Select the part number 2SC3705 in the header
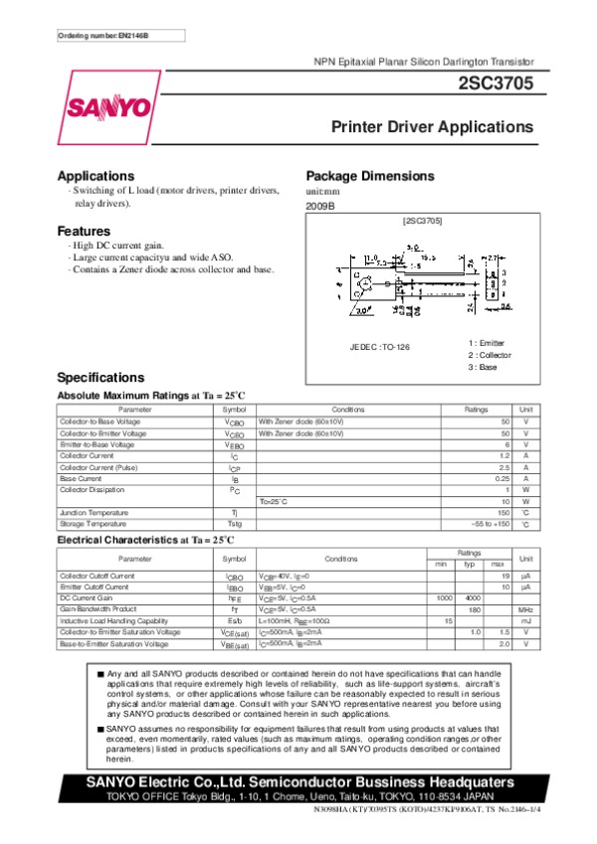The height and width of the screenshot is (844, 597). click(x=496, y=86)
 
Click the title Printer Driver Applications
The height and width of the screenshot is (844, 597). click(x=432, y=127)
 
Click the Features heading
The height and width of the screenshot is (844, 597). click(x=84, y=231)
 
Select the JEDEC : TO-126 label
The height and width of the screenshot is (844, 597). click(x=379, y=346)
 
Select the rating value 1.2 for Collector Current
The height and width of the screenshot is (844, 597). click(x=503, y=455)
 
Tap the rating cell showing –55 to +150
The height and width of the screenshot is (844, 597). click(x=490, y=523)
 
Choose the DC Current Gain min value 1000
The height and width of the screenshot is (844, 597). click(x=445, y=597)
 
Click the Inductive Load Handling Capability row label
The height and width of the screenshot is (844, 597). click(x=107, y=620)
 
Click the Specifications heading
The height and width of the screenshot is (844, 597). click(x=100, y=377)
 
